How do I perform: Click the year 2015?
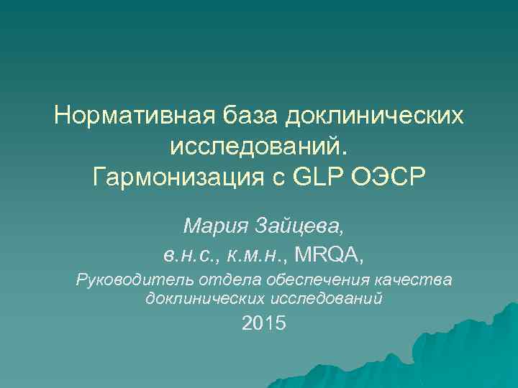pos(264,324)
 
